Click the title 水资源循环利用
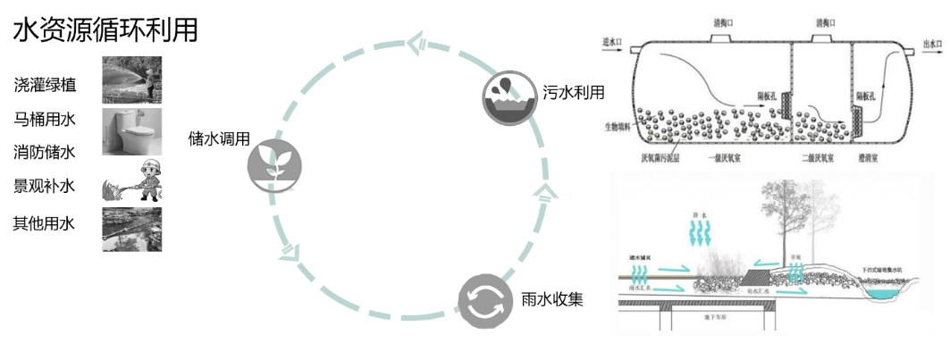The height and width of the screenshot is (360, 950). point(105,29)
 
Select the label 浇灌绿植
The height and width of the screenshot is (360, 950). point(45,86)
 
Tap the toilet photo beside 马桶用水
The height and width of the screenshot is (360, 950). point(131,131)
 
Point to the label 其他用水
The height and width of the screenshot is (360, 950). point(45,223)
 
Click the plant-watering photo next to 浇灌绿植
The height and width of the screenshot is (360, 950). point(131,79)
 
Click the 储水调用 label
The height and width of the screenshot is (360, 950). point(218,140)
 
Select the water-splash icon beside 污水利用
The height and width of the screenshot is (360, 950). point(506,97)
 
